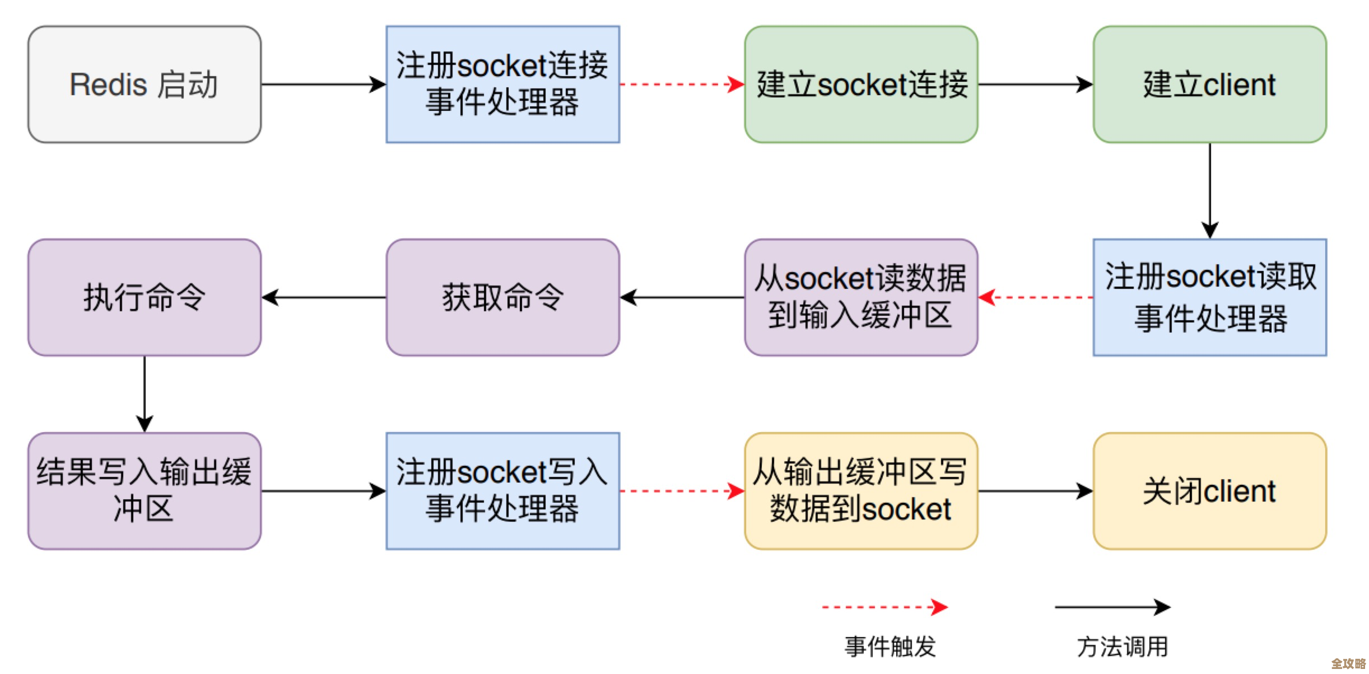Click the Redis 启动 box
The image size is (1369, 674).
click(145, 85)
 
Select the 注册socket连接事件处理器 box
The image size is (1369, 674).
click(502, 85)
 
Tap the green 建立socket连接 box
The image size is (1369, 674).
click(861, 85)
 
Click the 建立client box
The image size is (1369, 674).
click(1209, 85)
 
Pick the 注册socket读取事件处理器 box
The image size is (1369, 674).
click(1209, 297)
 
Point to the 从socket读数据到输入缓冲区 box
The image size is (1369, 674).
click(861, 297)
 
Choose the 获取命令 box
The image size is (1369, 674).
click(502, 297)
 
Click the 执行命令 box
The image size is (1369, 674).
click(145, 297)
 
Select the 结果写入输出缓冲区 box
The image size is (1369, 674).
click(145, 491)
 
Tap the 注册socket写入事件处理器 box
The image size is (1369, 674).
click(502, 491)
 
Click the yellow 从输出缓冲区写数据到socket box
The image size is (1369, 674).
click(861, 491)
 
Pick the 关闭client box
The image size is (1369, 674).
click(1209, 491)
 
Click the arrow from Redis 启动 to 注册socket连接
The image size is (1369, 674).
click(323, 85)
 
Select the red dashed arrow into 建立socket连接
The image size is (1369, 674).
click(682, 85)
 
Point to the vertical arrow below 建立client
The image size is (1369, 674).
click(1209, 190)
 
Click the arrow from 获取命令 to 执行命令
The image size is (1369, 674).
click(324, 297)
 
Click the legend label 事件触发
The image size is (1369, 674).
click(890, 647)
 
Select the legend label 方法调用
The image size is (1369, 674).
click(1122, 647)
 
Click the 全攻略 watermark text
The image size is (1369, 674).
click(1348, 664)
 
